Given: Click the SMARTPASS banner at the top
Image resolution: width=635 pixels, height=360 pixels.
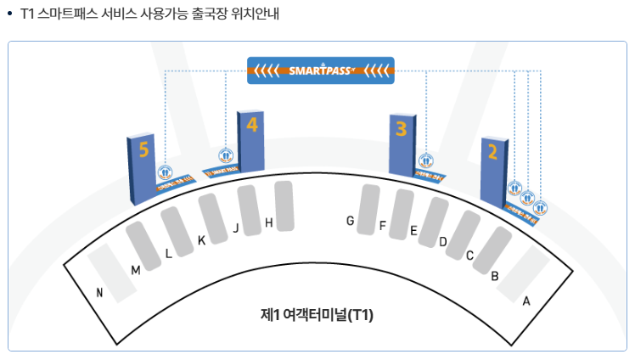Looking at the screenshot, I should click(x=320, y=70).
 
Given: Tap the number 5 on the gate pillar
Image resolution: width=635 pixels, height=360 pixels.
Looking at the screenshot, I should click(x=144, y=150).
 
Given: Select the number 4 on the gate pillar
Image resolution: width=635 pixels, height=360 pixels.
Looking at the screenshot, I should click(x=252, y=125).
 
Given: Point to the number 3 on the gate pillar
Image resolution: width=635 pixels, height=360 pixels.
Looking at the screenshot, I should click(x=402, y=129).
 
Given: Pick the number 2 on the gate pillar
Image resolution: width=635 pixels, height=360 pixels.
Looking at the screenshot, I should click(x=492, y=153).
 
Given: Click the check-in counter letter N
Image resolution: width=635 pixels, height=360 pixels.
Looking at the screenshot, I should click(x=99, y=294).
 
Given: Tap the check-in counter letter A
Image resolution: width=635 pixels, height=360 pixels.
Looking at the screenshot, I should click(x=526, y=301).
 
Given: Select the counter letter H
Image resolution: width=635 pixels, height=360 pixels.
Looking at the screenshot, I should click(x=268, y=223).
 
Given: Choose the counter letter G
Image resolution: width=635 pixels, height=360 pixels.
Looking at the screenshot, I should click(x=350, y=221).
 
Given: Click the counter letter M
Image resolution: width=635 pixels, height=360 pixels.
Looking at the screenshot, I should click(x=135, y=270).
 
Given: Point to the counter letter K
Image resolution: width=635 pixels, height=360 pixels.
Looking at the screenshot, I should click(x=201, y=240).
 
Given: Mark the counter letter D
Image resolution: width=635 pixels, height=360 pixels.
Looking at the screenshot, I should click(x=443, y=242).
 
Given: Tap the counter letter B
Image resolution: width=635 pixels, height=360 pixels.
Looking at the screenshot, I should click(x=495, y=274).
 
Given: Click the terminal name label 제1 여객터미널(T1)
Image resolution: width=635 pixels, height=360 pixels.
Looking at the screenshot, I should click(x=317, y=314).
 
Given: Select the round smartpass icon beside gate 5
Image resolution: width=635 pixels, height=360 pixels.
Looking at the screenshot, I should click(x=166, y=172).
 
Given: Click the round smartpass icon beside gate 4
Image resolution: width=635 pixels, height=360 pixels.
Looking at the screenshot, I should click(x=225, y=155).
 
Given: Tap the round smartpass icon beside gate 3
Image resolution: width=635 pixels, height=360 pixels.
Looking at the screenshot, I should click(x=425, y=159).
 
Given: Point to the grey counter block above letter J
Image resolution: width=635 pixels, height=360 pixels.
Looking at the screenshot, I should click(x=249, y=204).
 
